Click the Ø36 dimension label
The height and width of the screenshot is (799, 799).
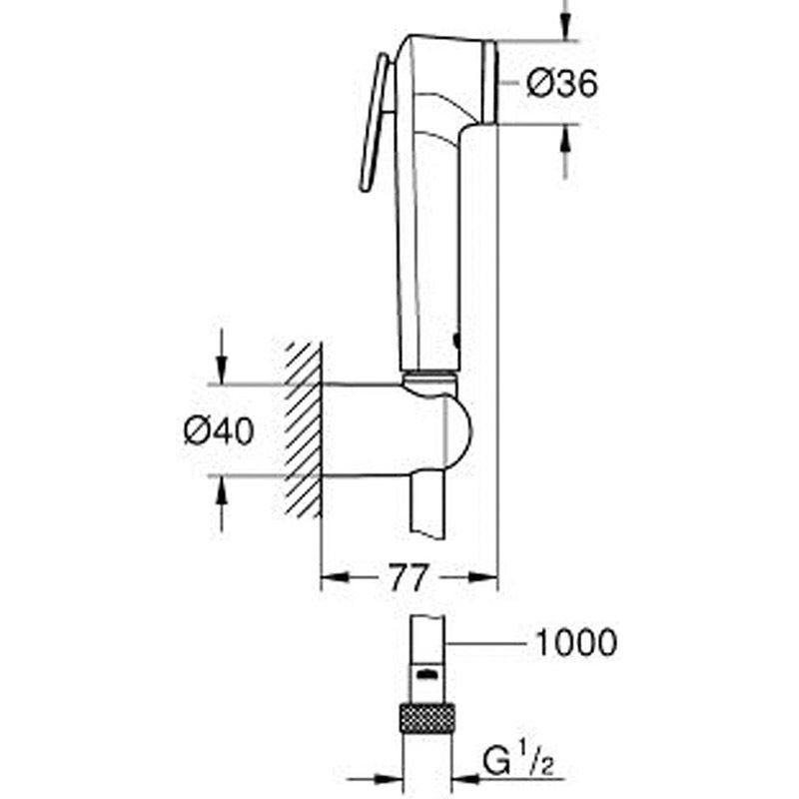pyautogui.click(x=561, y=84)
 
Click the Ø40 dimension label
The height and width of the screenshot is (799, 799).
pyautogui.click(x=219, y=431)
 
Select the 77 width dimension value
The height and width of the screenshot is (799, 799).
pyautogui.click(x=406, y=577)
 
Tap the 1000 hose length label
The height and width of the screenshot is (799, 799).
pyautogui.click(x=576, y=642)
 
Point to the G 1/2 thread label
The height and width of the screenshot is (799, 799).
pyautogui.click(x=517, y=763)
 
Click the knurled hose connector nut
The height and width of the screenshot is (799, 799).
pyautogui.click(x=427, y=717)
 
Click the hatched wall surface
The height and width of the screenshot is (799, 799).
pyautogui.click(x=304, y=429)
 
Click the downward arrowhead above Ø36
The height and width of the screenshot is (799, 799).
pyautogui.click(x=564, y=27)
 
